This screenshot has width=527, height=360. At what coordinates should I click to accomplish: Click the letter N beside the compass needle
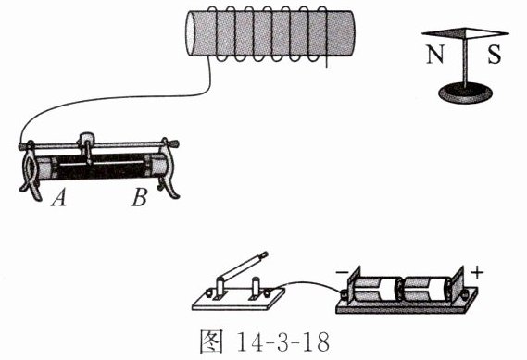coord(435,54)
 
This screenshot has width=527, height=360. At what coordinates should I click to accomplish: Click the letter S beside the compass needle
coord(494,54)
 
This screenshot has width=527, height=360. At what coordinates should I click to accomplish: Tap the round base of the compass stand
coord(465,93)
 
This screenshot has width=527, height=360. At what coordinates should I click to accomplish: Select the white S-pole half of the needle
coord(486,32)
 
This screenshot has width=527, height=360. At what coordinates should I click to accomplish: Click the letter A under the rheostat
coord(59,197)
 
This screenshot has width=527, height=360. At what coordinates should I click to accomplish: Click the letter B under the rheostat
coord(139,197)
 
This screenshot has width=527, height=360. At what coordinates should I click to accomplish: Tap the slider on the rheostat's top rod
coord(87,145)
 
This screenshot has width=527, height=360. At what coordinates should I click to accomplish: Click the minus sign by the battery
coord(341,271)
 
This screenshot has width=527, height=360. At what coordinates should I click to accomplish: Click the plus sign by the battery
coord(477,273)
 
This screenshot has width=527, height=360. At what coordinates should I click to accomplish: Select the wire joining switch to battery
coord(308,286)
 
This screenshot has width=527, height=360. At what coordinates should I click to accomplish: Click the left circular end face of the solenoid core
coord(190,33)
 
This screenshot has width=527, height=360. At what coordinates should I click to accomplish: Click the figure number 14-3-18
coord(283,342)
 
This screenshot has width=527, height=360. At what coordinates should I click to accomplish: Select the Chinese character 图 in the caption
coord(211,341)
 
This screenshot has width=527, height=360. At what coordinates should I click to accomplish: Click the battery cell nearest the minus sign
coord(377,289)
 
